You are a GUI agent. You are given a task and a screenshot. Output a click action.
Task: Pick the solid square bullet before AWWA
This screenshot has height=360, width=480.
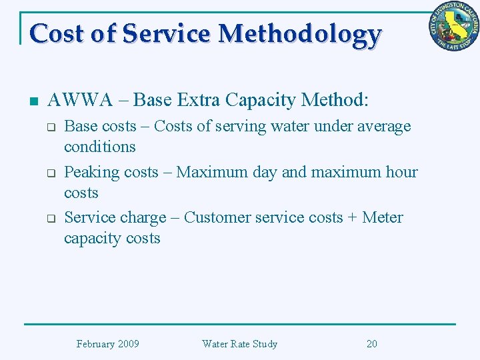coord(34,102)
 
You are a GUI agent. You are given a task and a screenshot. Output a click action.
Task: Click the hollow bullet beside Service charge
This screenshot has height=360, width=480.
coord(49,219)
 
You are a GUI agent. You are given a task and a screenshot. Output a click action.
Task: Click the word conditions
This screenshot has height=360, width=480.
coord(99,147)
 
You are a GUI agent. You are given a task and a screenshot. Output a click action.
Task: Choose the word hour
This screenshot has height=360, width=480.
coord(401,172)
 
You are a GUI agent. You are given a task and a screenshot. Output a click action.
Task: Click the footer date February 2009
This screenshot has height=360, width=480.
coord(107,344)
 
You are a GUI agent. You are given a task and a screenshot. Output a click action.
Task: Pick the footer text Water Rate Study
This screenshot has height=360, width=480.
coord(239,344)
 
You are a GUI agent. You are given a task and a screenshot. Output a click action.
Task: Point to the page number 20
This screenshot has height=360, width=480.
coord(371,344)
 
